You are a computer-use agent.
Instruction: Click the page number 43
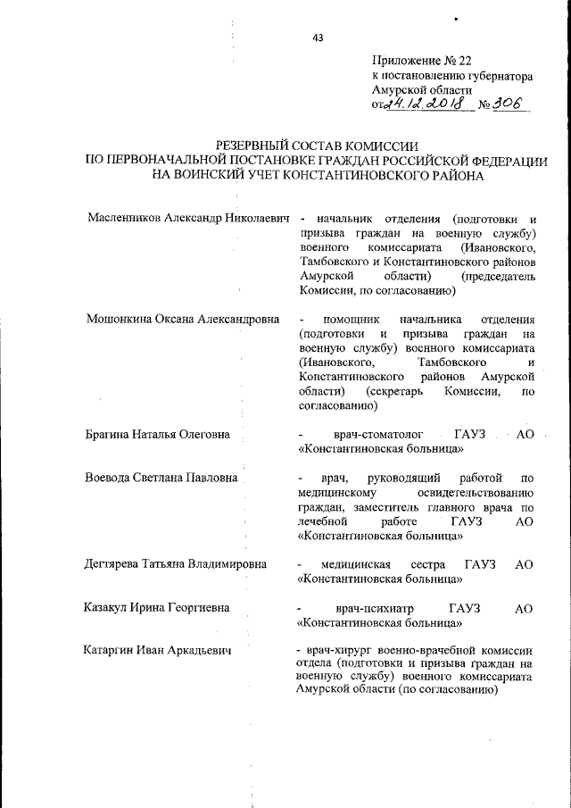pos(318,37)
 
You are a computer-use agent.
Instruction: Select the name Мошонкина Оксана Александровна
pos(183,320)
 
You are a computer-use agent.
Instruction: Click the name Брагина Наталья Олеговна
pos(157,435)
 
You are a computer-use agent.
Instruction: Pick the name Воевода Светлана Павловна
pos(161,478)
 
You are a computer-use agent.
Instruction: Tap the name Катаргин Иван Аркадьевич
pos(157,651)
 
